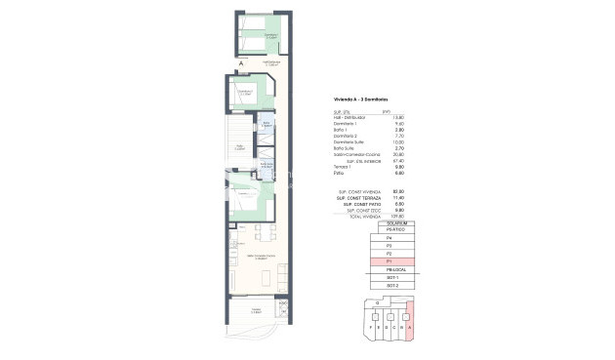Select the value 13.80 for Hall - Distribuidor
398,118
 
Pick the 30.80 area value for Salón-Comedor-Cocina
398,153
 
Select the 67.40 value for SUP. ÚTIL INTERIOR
398,160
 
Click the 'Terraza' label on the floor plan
257,310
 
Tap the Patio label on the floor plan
240,148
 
